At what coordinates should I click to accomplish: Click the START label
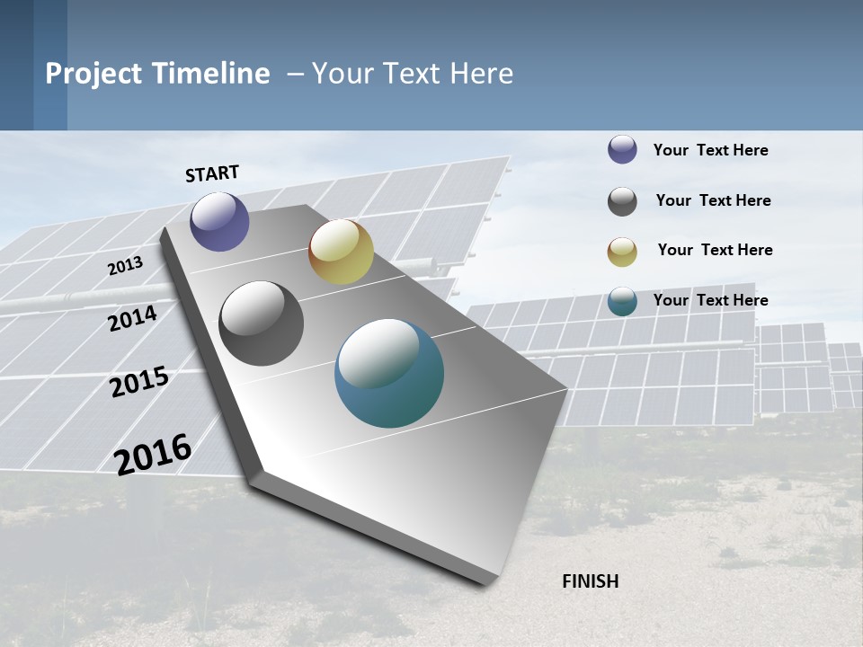pyautogui.click(x=212, y=173)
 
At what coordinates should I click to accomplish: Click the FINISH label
pyautogui.click(x=591, y=581)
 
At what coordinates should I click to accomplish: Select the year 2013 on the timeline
pyautogui.click(x=125, y=266)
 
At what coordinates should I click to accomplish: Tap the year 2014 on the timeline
pyautogui.click(x=132, y=318)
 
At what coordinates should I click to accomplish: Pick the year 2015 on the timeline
pyautogui.click(x=139, y=382)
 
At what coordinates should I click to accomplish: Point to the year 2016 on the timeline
pyautogui.click(x=153, y=454)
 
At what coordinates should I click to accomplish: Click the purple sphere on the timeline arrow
pyautogui.click(x=219, y=222)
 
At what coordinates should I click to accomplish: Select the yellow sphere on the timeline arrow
pyautogui.click(x=341, y=252)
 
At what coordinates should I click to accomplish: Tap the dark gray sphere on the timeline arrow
pyautogui.click(x=261, y=323)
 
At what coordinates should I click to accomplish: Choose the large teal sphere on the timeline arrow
pyautogui.click(x=389, y=373)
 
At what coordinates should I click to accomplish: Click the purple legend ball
pyautogui.click(x=622, y=149)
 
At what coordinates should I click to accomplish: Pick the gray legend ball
pyautogui.click(x=622, y=201)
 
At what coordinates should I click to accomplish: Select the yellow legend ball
pyautogui.click(x=622, y=252)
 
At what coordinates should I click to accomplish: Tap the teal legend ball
pyautogui.click(x=622, y=301)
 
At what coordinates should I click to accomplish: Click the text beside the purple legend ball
pyautogui.click(x=710, y=150)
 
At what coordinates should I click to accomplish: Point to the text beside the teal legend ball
pyautogui.click(x=710, y=300)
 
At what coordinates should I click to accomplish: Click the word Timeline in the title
pyautogui.click(x=210, y=74)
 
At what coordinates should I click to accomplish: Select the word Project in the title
pyautogui.click(x=93, y=74)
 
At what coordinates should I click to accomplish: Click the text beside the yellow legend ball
pyautogui.click(x=715, y=250)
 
